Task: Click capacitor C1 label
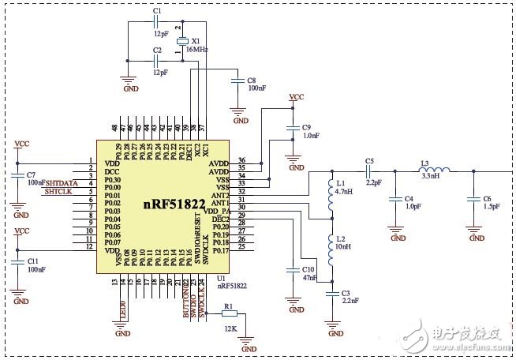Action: (x=157, y=10)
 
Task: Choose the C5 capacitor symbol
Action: (x=369, y=173)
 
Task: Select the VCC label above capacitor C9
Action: (x=296, y=97)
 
